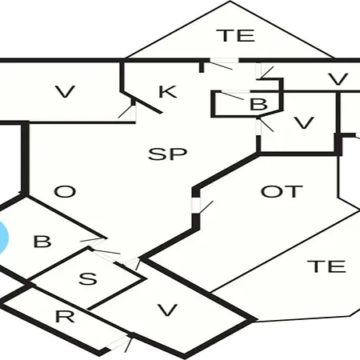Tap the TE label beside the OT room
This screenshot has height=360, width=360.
click(x=327, y=266)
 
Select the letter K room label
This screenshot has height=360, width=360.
click(x=167, y=92)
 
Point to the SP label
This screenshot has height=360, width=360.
click(x=167, y=154)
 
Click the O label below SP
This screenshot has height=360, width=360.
click(x=65, y=191)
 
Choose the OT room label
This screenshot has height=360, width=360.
click(x=282, y=191)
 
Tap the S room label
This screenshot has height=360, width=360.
click(x=88, y=278)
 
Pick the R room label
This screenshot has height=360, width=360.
click(x=65, y=317)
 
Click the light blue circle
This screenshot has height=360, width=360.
click(x=3, y=238)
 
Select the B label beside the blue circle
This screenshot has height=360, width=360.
click(x=42, y=242)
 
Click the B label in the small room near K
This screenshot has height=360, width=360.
click(x=258, y=104)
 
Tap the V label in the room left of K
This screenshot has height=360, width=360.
click(x=66, y=91)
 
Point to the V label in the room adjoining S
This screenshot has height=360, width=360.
click(x=167, y=310)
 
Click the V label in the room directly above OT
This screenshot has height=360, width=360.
click(x=303, y=123)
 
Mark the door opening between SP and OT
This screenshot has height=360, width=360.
click(x=196, y=205)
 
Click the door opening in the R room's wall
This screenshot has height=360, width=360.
click(x=118, y=342)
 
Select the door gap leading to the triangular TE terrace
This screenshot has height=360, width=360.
click(x=223, y=60)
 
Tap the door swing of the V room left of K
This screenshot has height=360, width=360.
click(x=126, y=111)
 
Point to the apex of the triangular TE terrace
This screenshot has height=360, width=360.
click(x=230, y=2)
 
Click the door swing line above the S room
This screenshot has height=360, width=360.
click(x=106, y=251)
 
